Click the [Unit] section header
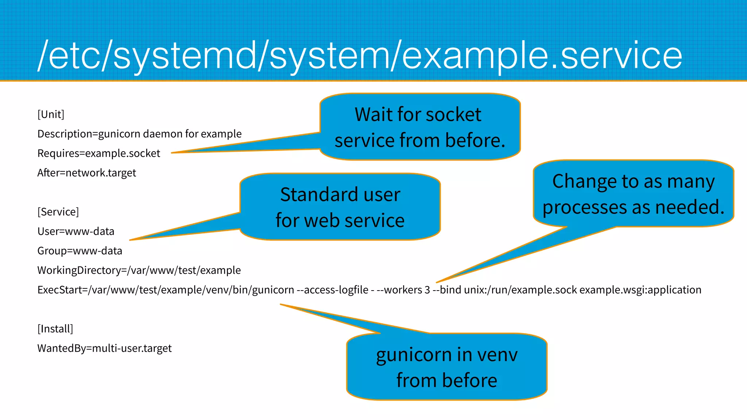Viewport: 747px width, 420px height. pos(51,114)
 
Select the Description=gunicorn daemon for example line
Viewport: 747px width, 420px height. pos(139,134)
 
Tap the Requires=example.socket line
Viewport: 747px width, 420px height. pos(98,153)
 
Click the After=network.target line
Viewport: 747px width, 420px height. pos(86,172)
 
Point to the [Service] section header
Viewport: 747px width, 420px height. pos(58,212)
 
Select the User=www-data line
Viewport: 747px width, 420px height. pos(76,231)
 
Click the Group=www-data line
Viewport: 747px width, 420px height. pos(80,251)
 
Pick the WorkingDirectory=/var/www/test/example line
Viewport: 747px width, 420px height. pos(139,270)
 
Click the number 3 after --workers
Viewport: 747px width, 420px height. pos(427,290)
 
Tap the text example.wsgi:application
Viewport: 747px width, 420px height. pos(640,290)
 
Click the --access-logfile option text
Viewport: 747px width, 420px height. pos(332,290)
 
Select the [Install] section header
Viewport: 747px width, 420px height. pos(55,329)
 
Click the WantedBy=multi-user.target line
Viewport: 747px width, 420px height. pos(104,348)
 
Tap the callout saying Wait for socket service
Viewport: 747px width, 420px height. pos(419,127)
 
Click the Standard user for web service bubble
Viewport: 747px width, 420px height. pos(340,207)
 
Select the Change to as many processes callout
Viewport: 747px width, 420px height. pos(633,194)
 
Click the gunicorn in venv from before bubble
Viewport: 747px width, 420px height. pos(446,367)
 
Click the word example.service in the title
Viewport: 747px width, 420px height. pos(542,55)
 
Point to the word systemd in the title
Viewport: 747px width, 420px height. pos(185,55)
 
